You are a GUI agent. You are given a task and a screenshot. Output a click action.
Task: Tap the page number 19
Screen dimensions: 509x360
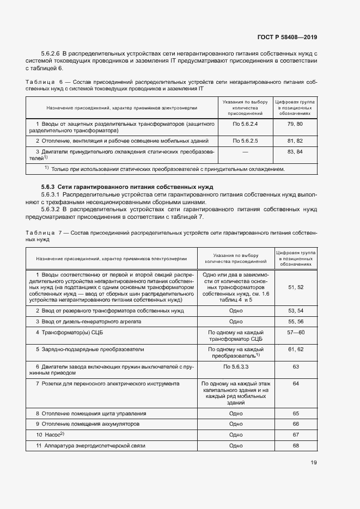pyautogui.click(x=313, y=463)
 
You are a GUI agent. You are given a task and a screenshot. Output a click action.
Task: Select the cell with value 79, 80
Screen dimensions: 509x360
pyautogui.click(x=294, y=125)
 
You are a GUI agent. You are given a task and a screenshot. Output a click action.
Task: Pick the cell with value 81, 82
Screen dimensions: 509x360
pyautogui.click(x=294, y=141)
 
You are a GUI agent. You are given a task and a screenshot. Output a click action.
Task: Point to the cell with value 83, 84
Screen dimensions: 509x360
pyautogui.click(x=294, y=151)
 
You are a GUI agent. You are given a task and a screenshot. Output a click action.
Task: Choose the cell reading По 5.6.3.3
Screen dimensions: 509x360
pyautogui.click(x=236, y=367)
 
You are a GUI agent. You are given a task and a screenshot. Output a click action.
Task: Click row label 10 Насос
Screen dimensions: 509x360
pyautogui.click(x=51, y=434)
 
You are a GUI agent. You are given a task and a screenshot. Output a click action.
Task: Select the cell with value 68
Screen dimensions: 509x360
pyautogui.click(x=296, y=446)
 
